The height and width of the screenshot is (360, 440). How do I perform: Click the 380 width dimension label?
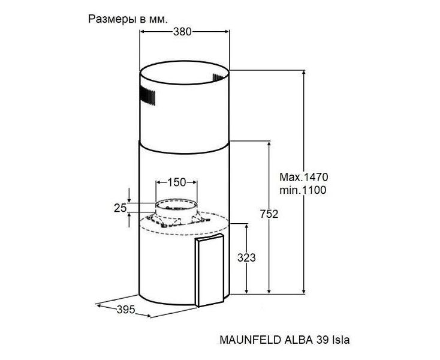point(182,32)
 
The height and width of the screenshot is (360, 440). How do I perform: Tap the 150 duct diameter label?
point(176,182)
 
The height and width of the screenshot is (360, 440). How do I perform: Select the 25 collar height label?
point(120,208)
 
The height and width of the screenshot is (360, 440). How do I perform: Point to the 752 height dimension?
point(269,214)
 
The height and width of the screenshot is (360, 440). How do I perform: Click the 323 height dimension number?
point(246,257)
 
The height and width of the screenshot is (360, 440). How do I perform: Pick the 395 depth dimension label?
point(126,310)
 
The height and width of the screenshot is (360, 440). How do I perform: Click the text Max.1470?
point(303,177)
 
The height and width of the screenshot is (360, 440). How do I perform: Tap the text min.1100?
point(303,190)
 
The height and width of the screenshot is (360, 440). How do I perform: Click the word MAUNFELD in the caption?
point(251,340)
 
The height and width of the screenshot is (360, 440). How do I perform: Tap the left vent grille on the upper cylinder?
point(147,95)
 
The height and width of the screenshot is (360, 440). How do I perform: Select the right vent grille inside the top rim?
point(220,78)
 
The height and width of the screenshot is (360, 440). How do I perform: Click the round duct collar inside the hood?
point(176,209)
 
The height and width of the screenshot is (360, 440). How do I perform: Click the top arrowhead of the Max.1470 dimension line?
point(303,73)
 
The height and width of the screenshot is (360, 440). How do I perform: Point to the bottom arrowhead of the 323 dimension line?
point(246,291)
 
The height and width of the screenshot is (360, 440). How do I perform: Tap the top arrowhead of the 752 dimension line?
point(269,145)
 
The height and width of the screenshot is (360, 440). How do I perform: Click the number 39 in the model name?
point(322,340)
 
